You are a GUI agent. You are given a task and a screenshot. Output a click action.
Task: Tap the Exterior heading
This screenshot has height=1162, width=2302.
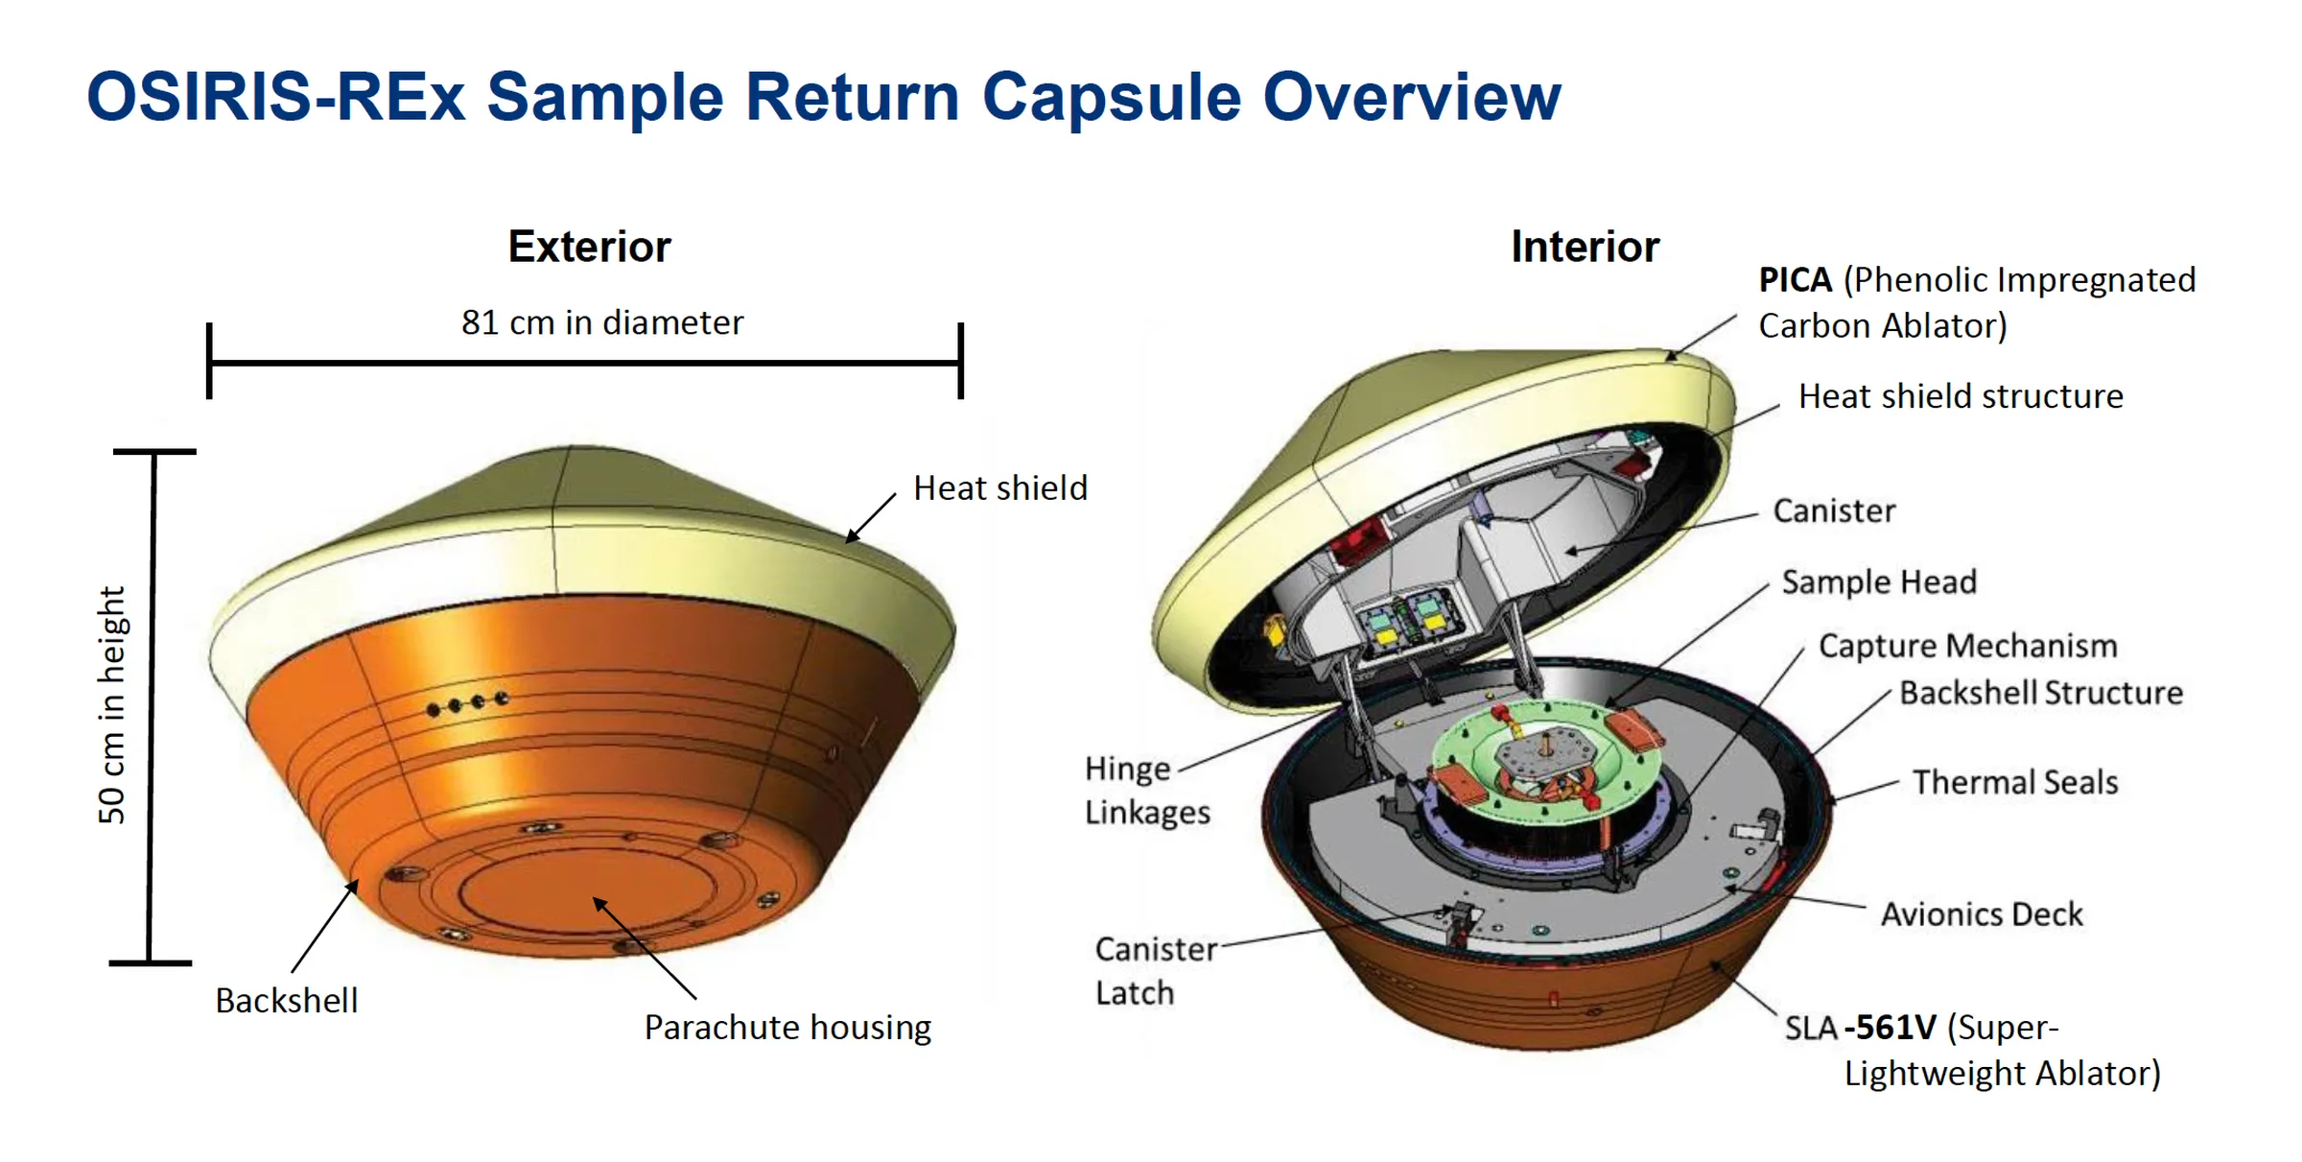589,247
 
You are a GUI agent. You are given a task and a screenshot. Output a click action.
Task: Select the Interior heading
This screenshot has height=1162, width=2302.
1585,247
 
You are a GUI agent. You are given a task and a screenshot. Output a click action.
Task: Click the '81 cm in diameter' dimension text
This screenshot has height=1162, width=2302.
601,323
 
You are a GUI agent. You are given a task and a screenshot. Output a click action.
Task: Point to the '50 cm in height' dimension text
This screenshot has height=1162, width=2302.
112,705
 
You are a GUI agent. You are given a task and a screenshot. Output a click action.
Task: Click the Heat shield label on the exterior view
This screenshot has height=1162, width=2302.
1000,488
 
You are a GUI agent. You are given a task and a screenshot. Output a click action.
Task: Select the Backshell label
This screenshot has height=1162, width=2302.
286,1001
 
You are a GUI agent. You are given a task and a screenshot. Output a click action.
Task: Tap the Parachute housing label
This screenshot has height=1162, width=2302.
787,1028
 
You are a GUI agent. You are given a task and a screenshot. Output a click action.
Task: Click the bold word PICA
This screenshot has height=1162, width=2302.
1795,280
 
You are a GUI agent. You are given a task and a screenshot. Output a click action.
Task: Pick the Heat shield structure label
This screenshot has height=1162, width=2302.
1961,396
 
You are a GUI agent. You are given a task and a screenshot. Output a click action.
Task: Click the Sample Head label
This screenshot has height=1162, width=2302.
1879,582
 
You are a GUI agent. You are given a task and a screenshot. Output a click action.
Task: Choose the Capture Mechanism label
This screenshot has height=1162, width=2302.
1967,646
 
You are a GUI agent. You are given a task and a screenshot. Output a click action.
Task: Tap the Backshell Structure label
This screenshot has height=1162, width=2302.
2041,693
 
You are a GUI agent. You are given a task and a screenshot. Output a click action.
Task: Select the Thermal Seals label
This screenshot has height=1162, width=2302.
2015,782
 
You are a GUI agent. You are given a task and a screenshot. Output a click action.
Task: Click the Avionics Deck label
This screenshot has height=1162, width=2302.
1982,914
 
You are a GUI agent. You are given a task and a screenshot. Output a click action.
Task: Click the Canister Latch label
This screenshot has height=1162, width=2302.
1155,970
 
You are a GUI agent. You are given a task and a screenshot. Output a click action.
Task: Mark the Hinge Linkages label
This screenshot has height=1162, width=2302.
1146,790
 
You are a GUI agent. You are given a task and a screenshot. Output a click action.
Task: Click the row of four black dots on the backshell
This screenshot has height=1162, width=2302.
467,704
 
